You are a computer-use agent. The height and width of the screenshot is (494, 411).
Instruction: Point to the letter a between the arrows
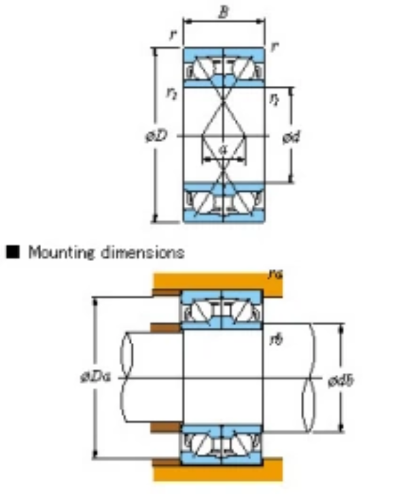tap(223, 149)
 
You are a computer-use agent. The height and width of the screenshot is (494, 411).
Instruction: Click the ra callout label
tap(276, 273)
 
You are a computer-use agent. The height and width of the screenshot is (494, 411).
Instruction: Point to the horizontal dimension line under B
tap(223, 22)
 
